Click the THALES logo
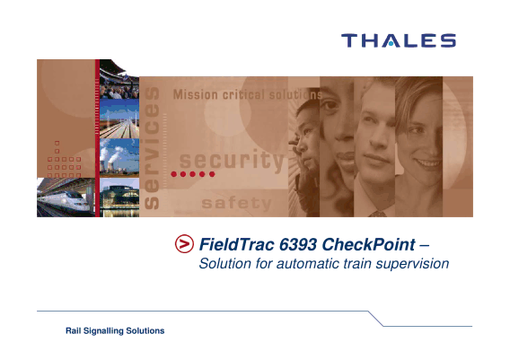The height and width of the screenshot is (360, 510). tap(399, 40)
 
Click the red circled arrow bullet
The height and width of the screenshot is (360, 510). tap(184, 243)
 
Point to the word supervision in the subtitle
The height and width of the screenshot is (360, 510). tap(412, 264)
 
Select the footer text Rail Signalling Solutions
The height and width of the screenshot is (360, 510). tap(115, 330)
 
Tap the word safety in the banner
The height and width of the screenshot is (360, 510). tap(236, 203)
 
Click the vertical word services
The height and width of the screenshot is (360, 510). tap(152, 148)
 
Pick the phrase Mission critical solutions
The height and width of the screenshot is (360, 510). tap(248, 94)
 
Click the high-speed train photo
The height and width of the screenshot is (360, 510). tap(66, 198)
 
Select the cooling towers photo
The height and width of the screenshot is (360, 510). tap(119, 157)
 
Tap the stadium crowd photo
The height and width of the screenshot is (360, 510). tap(119, 79)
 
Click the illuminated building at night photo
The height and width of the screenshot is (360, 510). tap(119, 198)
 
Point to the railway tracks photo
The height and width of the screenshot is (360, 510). tap(119, 119)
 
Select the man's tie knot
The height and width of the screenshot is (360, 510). tap(377, 214)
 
